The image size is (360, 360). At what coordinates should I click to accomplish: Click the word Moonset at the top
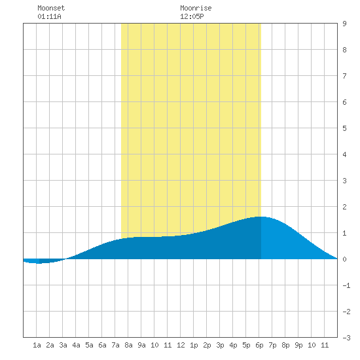(x=51, y=8)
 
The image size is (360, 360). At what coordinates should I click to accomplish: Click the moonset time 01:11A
(x=49, y=16)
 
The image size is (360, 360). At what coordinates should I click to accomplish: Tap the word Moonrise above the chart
(x=196, y=8)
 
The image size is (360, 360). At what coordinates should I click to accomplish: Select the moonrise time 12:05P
(x=192, y=16)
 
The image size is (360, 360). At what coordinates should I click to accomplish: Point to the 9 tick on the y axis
(x=344, y=24)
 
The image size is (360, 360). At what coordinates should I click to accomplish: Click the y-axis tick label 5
(x=344, y=128)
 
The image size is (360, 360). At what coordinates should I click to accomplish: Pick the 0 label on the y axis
(x=344, y=259)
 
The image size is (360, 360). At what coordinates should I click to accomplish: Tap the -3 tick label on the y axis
(x=346, y=338)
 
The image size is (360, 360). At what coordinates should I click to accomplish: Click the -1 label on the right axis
(x=346, y=285)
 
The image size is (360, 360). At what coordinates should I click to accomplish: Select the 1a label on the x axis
(x=37, y=345)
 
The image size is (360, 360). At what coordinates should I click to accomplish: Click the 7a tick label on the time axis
(x=115, y=345)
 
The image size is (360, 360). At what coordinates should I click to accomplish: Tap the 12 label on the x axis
(x=181, y=345)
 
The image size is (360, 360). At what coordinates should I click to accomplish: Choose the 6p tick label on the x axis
(x=259, y=345)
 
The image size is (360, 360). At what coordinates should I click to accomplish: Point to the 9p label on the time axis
(x=298, y=345)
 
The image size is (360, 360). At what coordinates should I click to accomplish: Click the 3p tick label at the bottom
(x=220, y=345)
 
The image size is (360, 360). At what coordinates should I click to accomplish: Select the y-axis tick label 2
(x=344, y=207)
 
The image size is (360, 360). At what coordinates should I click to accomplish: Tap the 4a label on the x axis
(x=76, y=345)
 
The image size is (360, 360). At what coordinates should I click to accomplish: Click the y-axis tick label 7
(x=344, y=76)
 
